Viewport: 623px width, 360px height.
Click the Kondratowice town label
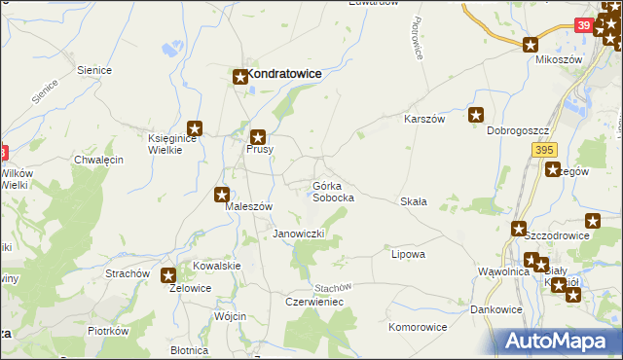pyautogui.click(x=284, y=73)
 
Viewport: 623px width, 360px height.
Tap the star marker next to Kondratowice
pyautogui.click(x=239, y=75)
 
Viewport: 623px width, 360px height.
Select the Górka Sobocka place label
pyautogui.click(x=333, y=191)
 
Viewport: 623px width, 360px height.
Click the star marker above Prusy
pyautogui.click(x=258, y=138)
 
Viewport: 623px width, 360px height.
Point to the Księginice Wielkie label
pyautogui.click(x=171, y=144)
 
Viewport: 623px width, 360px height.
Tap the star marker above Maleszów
pyautogui.click(x=223, y=194)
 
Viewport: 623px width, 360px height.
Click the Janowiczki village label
pyautogui.click(x=298, y=234)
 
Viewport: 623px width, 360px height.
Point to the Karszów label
pyautogui.click(x=424, y=119)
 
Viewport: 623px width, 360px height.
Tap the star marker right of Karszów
pyautogui.click(x=476, y=115)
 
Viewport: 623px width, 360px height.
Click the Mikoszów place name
pyautogui.click(x=559, y=59)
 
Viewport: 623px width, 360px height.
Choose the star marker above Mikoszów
pyautogui.click(x=531, y=44)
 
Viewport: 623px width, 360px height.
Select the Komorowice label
pyautogui.click(x=419, y=327)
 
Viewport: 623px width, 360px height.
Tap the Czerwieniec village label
pyautogui.click(x=313, y=303)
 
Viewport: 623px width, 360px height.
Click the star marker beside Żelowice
pyautogui.click(x=168, y=275)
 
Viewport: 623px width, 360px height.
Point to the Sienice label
pyautogui.click(x=96, y=70)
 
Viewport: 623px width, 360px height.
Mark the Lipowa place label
pyautogui.click(x=408, y=254)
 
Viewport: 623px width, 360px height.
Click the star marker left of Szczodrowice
pyautogui.click(x=520, y=229)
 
